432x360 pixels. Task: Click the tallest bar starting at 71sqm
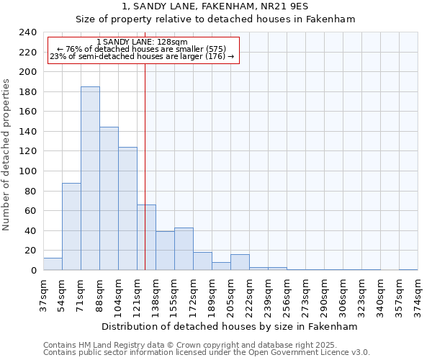90,179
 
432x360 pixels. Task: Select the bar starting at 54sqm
71,227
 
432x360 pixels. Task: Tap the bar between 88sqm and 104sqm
109,199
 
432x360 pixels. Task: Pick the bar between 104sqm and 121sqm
127,209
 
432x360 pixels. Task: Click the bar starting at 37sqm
53,264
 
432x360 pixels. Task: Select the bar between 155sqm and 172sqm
184,249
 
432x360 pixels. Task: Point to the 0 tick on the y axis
33,271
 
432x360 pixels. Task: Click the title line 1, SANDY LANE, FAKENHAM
215,6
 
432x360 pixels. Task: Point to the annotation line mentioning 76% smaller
142,49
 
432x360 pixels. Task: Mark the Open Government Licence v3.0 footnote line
206,352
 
